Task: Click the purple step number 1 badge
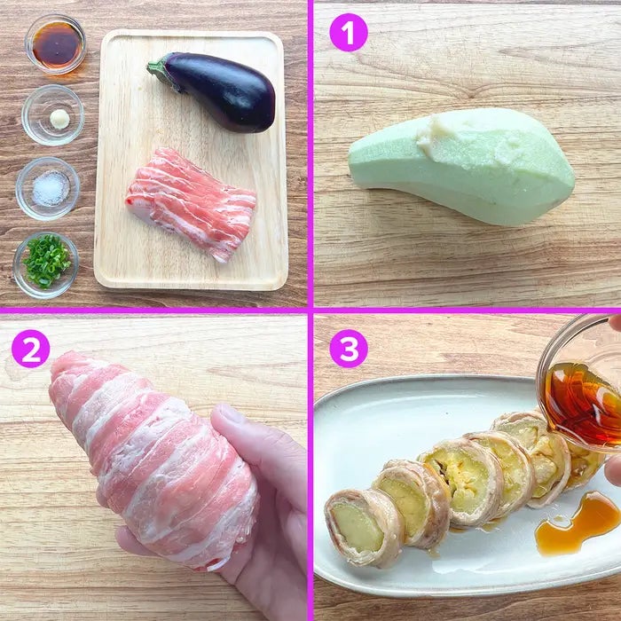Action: pos(349,33)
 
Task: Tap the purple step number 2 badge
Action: pos(30,349)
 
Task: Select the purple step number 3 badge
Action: pos(349,349)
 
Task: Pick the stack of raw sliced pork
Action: pos(191,203)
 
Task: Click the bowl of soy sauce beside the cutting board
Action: pos(55,44)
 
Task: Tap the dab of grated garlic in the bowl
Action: pos(59,119)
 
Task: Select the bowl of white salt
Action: pos(48,188)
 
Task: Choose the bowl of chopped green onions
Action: pos(46,264)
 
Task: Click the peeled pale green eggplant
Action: pos(461,167)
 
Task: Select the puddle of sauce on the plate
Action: pos(577,523)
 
